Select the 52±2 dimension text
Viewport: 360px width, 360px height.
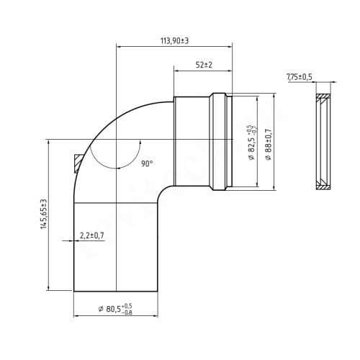tap(204, 65)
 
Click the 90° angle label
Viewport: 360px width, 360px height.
tap(147, 164)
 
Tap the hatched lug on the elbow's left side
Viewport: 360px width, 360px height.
tap(78, 164)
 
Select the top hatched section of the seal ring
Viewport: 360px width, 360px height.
tap(324, 99)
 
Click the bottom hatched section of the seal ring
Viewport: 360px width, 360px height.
tap(324, 186)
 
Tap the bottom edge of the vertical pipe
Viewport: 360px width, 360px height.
tap(115, 291)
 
